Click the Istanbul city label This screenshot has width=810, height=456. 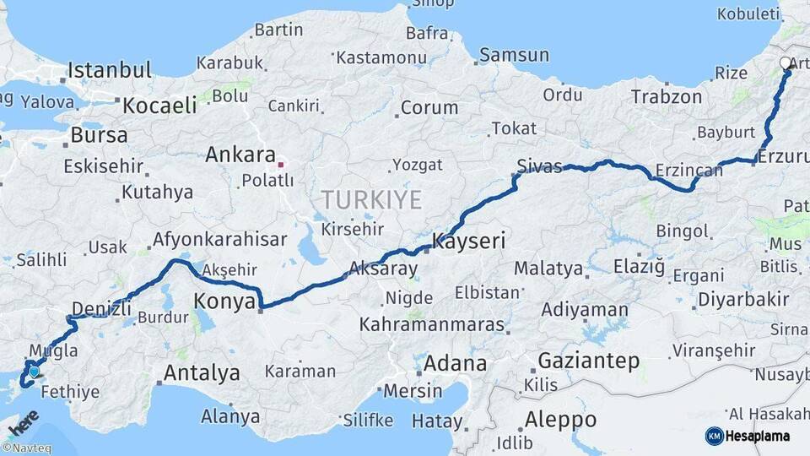tap(110, 69)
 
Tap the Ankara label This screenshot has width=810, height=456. tap(240, 155)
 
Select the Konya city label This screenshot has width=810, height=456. tap(224, 301)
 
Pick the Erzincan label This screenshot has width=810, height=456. tap(688, 171)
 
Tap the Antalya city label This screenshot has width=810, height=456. tap(202, 372)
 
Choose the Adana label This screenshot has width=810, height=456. tap(455, 365)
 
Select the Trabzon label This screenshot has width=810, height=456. tap(666, 97)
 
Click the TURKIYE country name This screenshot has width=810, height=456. tap(370, 200)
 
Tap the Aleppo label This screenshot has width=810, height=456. tap(560, 420)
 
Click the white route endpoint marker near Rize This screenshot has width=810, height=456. tap(786, 63)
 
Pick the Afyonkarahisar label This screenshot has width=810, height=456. tap(219, 239)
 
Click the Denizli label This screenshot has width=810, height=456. tap(102, 307)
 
